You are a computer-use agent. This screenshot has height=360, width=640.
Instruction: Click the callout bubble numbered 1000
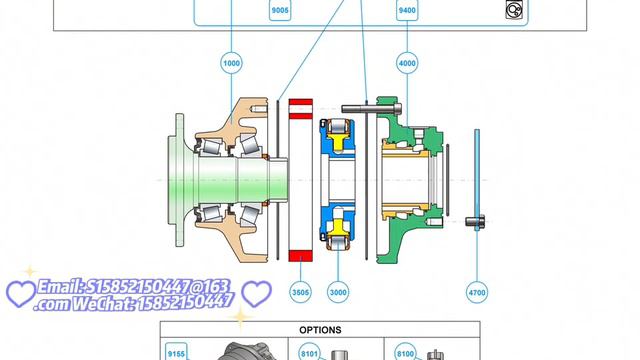pyautogui.click(x=231, y=63)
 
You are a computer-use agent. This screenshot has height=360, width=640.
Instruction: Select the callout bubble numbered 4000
pyautogui.click(x=407, y=63)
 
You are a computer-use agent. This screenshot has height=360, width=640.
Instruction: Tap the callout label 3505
pyautogui.click(x=300, y=292)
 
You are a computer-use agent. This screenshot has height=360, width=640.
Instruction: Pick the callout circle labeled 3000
pyautogui.click(x=338, y=292)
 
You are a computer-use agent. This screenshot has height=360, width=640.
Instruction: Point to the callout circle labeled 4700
pyautogui.click(x=477, y=292)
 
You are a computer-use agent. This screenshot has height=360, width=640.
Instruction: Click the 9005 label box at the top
pyautogui.click(x=280, y=10)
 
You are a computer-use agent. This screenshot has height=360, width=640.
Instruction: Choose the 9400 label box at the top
pyautogui.click(x=407, y=10)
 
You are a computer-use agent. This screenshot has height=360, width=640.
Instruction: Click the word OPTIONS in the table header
pyautogui.click(x=320, y=330)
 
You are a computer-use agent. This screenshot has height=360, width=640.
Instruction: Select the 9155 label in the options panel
pyautogui.click(x=176, y=353)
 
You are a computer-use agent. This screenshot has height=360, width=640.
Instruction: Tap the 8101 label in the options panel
pyautogui.click(x=309, y=353)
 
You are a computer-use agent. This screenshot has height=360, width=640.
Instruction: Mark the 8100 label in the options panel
pyautogui.click(x=405, y=353)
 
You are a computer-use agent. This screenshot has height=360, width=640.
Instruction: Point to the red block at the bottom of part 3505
pyautogui.click(x=301, y=256)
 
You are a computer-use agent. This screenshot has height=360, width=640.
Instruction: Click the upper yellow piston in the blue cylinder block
pyautogui.click(x=338, y=142)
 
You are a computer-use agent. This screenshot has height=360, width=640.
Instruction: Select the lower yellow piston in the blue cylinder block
pyautogui.click(x=338, y=228)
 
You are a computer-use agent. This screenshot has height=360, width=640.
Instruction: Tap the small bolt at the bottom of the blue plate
pyautogui.click(x=475, y=222)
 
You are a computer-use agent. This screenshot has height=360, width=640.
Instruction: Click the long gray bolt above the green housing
pyautogui.click(x=371, y=109)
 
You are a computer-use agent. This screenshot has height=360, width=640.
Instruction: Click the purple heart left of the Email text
pyautogui.click(x=21, y=293)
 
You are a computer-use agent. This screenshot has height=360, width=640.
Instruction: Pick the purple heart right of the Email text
pyautogui.click(x=256, y=293)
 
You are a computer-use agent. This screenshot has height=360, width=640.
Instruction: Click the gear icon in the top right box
pyautogui.click(x=514, y=9)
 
